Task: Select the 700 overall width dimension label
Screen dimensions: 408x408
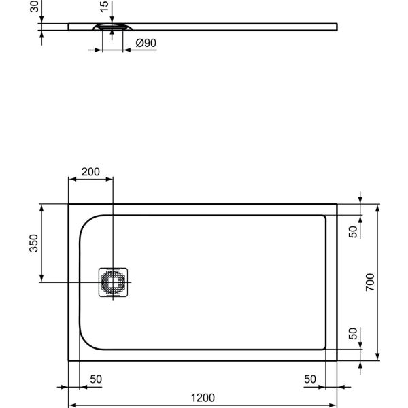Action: point(369,281)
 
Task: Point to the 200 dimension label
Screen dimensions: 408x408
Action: point(90,172)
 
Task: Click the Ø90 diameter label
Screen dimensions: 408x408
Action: point(146,43)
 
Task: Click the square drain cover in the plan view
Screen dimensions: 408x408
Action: point(113,282)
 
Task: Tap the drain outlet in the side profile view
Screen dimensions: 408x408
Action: point(113,27)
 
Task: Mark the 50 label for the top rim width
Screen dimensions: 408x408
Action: point(353,231)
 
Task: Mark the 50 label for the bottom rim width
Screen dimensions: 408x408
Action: point(353,334)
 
